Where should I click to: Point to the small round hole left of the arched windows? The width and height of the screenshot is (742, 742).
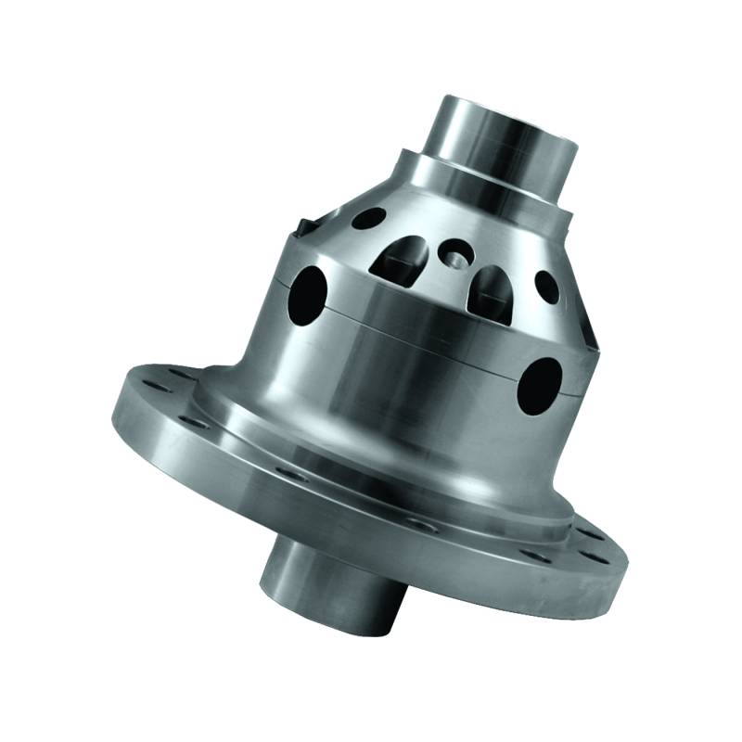[x=368, y=219]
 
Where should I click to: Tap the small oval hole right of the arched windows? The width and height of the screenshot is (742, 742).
[x=547, y=287]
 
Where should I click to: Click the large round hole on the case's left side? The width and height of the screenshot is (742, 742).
[x=312, y=288]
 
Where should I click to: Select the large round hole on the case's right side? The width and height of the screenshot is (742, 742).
[x=541, y=386]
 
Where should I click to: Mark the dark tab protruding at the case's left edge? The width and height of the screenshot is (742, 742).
[x=302, y=228]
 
